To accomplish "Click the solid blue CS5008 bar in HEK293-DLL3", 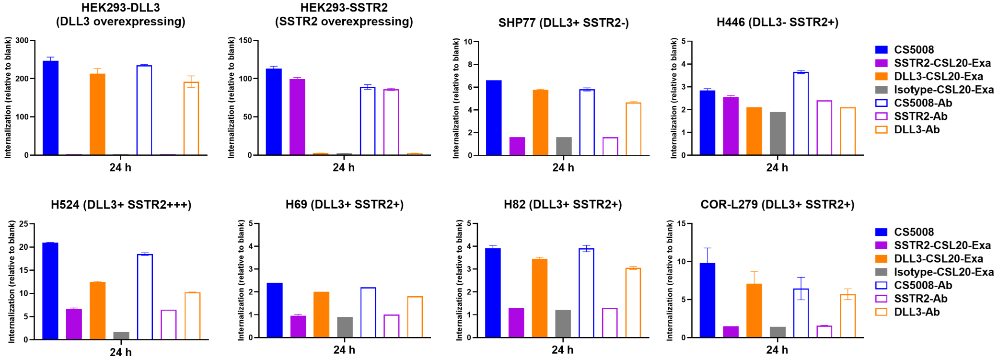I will (51, 108).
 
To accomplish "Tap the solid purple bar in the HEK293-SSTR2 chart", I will (297, 117).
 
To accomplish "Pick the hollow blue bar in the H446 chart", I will (801, 114).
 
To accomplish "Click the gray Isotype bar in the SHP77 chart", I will (564, 146).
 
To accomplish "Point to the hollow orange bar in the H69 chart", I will (415, 317).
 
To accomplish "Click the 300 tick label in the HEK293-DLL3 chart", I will (22, 40).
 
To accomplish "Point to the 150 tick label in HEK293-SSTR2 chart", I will (245, 40).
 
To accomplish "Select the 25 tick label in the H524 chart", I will (24, 224).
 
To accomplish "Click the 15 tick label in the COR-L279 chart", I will (682, 224).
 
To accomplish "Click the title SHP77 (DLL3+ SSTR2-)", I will (563, 23).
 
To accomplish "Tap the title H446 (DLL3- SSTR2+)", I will (777, 22).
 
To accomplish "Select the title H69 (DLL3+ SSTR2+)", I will (344, 205).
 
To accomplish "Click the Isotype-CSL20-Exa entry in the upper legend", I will (943, 90).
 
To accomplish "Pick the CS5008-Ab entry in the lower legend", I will (923, 285).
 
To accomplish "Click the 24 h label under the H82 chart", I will (562, 350).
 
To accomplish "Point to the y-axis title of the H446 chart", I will (674, 98).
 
